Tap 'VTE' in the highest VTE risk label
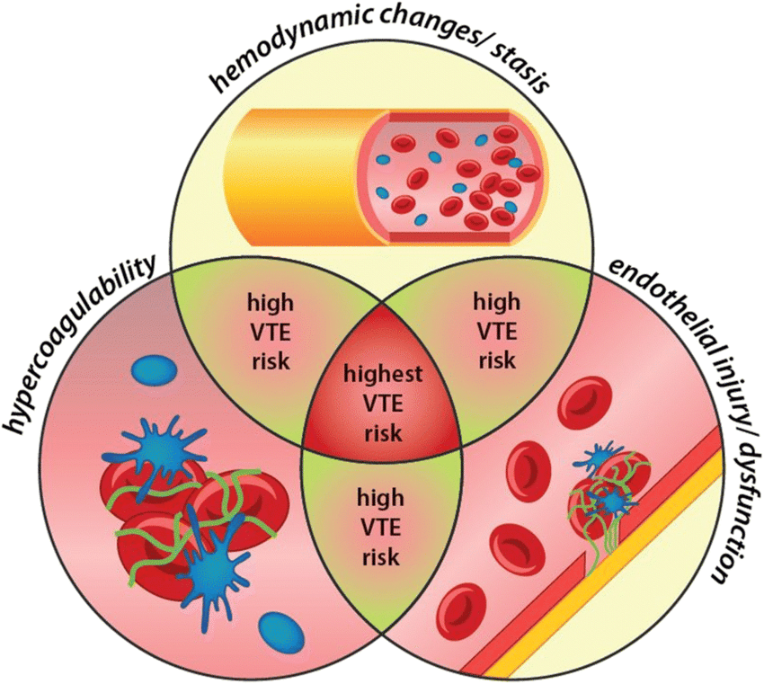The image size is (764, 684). pos(381,401)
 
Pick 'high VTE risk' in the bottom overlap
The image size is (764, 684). pos(381,527)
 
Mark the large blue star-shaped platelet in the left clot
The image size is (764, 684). pos(213,561)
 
